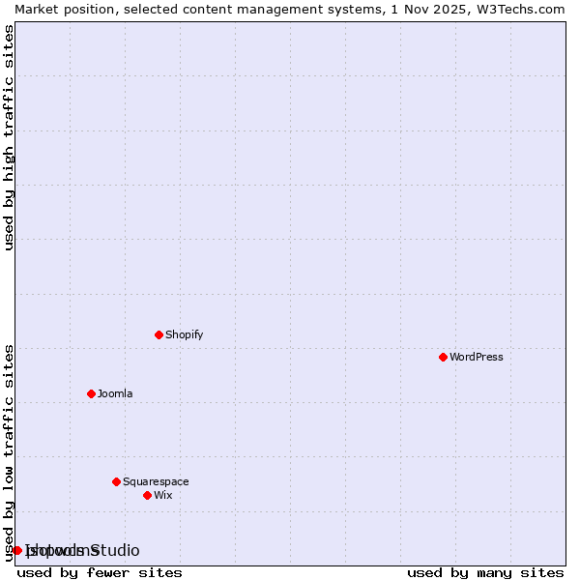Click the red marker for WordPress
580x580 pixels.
click(443, 357)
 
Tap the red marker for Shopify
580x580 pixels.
click(159, 334)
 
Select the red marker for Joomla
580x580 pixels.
click(91, 393)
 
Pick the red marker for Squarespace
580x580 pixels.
click(116, 481)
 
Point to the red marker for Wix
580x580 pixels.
click(147, 495)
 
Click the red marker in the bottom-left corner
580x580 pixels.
click(16, 550)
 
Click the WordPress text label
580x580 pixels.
click(477, 357)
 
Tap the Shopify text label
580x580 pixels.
click(184, 334)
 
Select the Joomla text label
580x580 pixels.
click(115, 393)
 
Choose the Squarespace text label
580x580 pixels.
click(156, 481)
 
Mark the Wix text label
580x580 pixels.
click(163, 495)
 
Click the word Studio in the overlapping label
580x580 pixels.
click(114, 550)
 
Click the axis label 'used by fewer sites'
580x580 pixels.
click(100, 572)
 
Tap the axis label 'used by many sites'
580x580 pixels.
click(485, 572)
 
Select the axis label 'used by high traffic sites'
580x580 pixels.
click(9, 137)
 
